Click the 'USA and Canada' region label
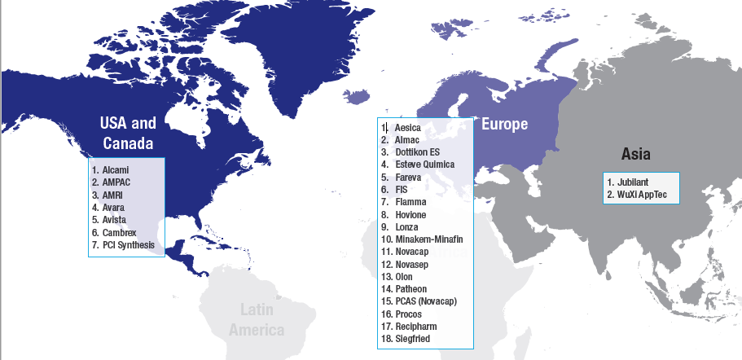(128, 134)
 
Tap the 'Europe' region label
(504, 124)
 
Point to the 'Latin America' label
(257, 319)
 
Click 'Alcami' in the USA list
(116, 169)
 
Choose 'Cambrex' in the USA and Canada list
(120, 232)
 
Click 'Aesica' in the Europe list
(407, 128)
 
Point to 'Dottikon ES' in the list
(416, 152)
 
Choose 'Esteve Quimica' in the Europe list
(424, 165)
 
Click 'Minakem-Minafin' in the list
(428, 239)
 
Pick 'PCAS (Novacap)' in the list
(426, 301)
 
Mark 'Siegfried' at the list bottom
(413, 339)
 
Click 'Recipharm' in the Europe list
(415, 326)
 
